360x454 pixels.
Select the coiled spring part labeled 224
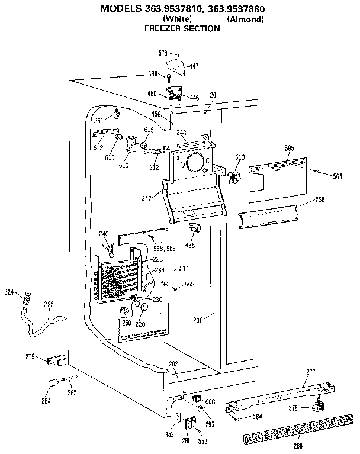26,298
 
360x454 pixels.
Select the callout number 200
198,320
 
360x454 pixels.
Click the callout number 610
123,166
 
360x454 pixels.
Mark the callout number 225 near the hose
49,304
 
